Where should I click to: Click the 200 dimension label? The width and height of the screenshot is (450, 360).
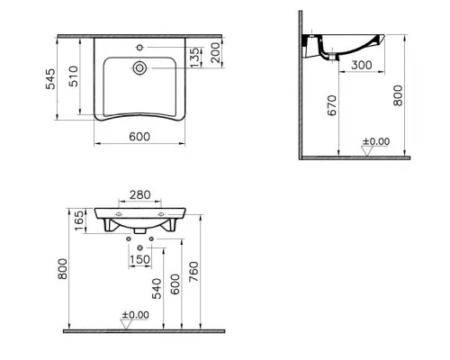pyautogui.click(x=216, y=58)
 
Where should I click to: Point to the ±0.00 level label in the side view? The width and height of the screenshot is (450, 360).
pyautogui.click(x=375, y=141)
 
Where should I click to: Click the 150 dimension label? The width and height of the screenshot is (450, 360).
pyautogui.click(x=139, y=260)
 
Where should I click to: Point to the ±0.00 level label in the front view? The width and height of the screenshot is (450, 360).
pyautogui.click(x=135, y=315)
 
